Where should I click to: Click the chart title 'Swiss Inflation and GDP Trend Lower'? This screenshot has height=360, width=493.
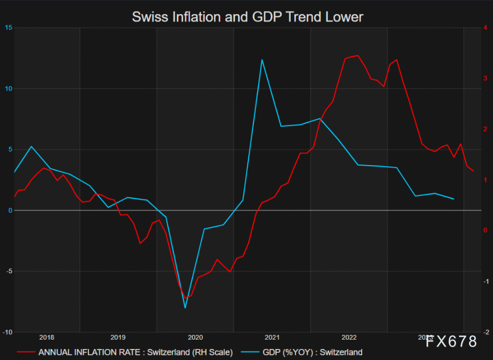point(247,17)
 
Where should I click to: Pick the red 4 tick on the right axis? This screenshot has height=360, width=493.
point(486,28)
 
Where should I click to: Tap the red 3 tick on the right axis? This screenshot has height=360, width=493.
point(486,78)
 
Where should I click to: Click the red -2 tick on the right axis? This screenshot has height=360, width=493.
point(485,332)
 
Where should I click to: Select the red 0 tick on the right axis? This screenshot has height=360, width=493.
point(486,230)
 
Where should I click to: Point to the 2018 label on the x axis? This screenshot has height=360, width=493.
point(47,338)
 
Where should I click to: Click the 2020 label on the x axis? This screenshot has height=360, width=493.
point(195,338)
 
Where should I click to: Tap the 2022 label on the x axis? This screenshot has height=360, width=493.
point(349,338)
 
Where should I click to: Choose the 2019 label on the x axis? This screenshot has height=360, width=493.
point(118,338)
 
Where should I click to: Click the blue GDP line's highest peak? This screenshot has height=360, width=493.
point(262,60)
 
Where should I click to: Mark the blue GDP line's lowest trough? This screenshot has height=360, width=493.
point(185,308)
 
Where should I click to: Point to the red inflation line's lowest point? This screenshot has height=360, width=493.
point(186,298)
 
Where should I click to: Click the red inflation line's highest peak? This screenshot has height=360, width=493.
point(357,55)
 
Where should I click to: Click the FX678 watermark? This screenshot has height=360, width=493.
point(451,342)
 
